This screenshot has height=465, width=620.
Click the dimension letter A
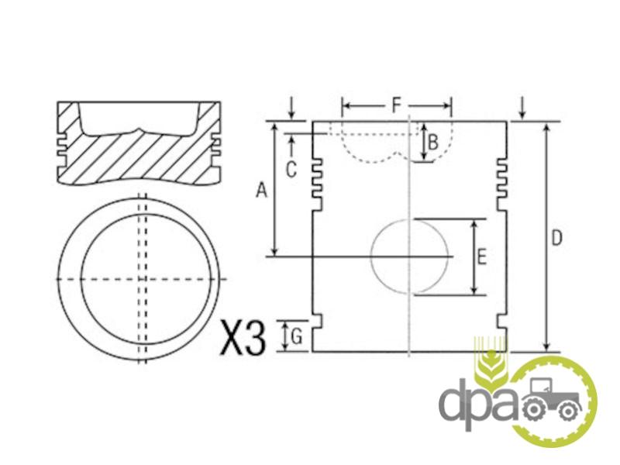coord(261,190)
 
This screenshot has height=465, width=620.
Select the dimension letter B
coord(433,143)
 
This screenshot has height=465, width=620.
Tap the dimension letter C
coord(291,170)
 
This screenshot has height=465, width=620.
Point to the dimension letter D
coord(556,239)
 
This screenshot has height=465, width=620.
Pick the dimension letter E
coord(481,257)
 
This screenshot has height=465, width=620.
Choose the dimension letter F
coord(397,105)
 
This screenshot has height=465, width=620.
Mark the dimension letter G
coord(297,337)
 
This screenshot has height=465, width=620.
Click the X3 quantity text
coord(243,337)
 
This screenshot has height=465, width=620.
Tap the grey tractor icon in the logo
coord(552,398)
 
